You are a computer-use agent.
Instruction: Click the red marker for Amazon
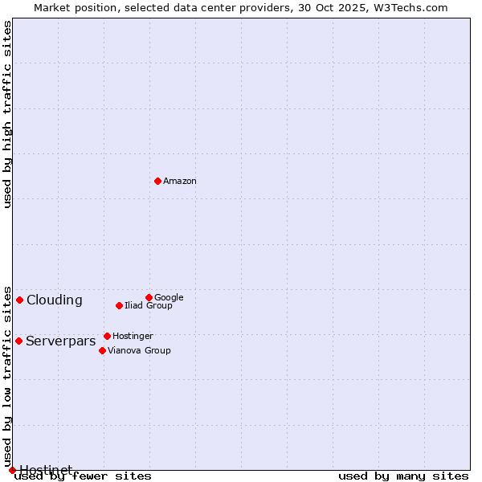click(x=157, y=181)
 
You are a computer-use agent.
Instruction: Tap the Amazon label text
click(x=180, y=182)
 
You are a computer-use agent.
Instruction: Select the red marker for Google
click(x=149, y=297)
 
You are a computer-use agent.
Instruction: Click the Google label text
click(x=169, y=298)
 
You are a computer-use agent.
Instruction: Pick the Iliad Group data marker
click(x=119, y=305)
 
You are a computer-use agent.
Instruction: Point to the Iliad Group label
click(x=149, y=306)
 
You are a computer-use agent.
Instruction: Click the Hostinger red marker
click(x=107, y=336)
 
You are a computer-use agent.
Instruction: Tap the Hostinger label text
click(x=133, y=337)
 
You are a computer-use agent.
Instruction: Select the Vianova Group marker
click(x=102, y=350)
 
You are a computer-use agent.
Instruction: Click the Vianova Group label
click(x=139, y=351)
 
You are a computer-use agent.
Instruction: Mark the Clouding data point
click(x=19, y=300)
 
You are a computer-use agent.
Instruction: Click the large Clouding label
click(x=55, y=300)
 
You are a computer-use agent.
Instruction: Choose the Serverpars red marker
click(x=18, y=341)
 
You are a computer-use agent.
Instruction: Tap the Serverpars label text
click(x=61, y=341)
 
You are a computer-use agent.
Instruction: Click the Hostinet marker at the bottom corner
click(x=12, y=470)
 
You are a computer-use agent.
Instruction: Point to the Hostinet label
click(x=46, y=469)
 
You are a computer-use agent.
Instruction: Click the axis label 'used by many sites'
click(x=403, y=476)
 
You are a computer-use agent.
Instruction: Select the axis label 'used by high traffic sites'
click(x=7, y=114)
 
